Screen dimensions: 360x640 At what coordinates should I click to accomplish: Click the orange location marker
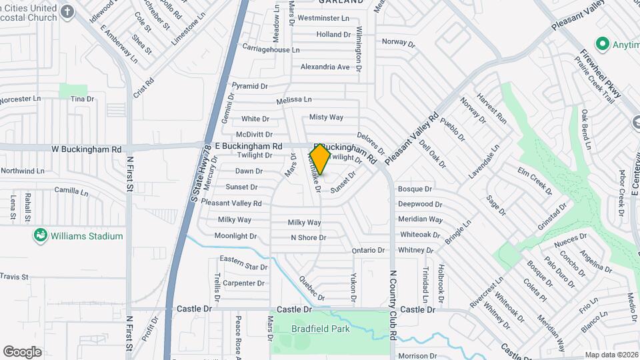[320, 159]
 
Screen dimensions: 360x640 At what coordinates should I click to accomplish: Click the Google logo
[22, 352]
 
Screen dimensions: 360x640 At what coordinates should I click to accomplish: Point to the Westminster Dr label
[325, 18]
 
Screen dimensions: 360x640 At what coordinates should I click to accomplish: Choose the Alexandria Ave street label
[325, 67]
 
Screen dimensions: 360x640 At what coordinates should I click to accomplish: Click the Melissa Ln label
[294, 99]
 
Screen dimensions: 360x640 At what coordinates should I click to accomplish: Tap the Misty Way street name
[326, 117]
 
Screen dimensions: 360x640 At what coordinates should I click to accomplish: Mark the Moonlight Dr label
[235, 236]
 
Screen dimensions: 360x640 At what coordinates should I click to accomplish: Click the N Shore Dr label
[308, 237]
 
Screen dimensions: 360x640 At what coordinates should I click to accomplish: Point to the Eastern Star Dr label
[243, 263]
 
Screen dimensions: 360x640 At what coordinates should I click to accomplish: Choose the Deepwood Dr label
[420, 204]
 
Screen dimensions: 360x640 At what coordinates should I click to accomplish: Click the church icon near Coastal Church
[67, 11]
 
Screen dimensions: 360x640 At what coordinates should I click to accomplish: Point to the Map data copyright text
[611, 355]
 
